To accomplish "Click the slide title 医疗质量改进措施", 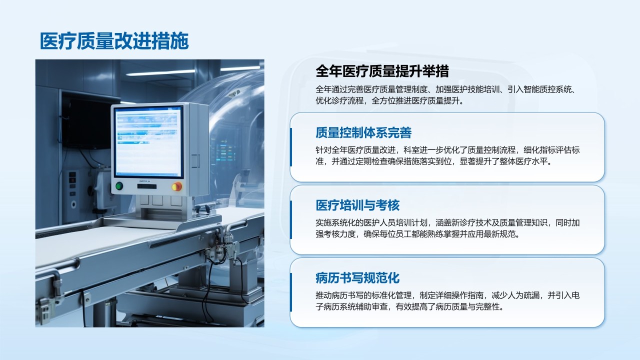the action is (114, 41).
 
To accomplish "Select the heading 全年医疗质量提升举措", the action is (382, 71).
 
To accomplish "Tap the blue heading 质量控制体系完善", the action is (363, 132).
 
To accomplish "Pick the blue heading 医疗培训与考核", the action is (357, 205).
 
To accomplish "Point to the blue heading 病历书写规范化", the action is (357, 277).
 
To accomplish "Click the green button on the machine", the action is (119, 186).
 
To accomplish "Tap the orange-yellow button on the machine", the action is (176, 186).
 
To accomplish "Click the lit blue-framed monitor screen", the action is (148, 142).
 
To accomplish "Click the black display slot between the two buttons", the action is (147, 186).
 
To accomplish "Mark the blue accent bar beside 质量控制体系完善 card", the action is (291, 147).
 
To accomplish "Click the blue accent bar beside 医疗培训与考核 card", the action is (291, 219).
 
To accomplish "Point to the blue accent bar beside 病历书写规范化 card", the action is (291, 292).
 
